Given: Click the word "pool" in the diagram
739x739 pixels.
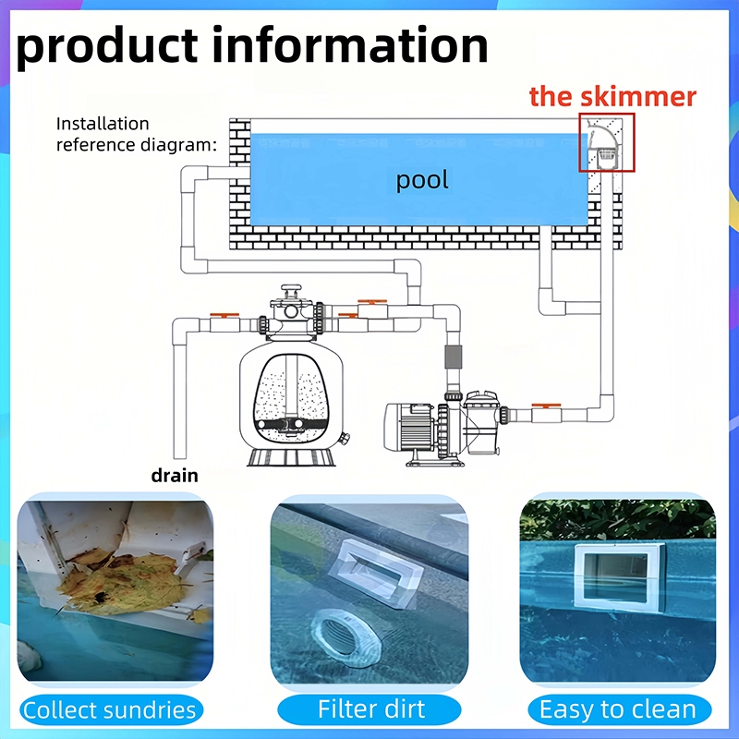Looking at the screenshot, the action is [x=422, y=180].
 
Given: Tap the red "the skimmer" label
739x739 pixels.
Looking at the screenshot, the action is [x=612, y=96].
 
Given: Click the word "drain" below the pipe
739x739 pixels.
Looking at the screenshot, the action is [x=175, y=476].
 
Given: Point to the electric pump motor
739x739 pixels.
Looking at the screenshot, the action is [x=409, y=427].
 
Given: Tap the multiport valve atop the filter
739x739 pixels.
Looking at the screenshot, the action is [x=291, y=312].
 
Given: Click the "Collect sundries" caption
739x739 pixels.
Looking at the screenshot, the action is [x=110, y=709].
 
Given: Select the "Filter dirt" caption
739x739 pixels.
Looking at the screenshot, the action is [x=370, y=709].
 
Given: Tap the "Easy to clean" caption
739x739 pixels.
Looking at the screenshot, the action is [x=618, y=709].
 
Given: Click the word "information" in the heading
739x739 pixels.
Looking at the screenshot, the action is [x=350, y=45].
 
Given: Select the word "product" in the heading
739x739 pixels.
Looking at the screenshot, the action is [x=106, y=47].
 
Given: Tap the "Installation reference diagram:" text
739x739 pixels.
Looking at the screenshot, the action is [x=136, y=134].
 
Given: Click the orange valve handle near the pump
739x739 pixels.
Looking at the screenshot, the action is [x=546, y=405].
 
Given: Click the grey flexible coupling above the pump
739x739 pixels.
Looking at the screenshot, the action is [x=453, y=357].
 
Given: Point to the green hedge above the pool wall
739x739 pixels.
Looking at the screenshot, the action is [x=617, y=519].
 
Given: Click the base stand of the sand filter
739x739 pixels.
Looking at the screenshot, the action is [x=291, y=457].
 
